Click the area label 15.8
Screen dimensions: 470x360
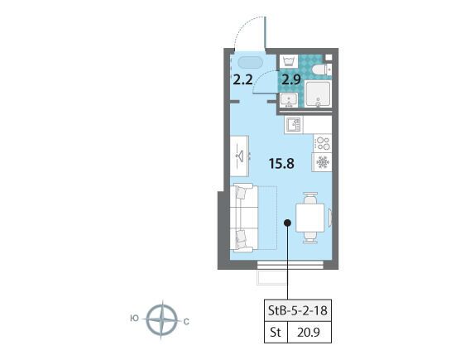point(281,164)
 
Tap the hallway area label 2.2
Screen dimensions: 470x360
point(242,80)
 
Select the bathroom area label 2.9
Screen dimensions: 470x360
point(290,80)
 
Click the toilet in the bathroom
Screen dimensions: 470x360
point(322,70)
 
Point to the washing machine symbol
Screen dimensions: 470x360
point(288,61)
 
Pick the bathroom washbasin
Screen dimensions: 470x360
point(289,100)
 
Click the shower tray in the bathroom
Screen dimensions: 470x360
point(318,94)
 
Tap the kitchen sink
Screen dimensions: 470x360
point(294,125)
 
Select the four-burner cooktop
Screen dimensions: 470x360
point(323,143)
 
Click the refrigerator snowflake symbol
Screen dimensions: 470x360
point(323,162)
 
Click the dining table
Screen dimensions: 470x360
point(310,218)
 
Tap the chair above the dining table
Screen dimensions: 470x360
point(310,198)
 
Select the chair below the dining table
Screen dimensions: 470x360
point(310,238)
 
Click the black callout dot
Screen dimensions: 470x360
point(287,223)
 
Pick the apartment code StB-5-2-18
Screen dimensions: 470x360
point(298,310)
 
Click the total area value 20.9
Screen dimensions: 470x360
point(309,332)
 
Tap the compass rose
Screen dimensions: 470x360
point(162,319)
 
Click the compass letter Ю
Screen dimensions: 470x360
point(135,319)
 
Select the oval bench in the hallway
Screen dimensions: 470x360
point(250,63)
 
